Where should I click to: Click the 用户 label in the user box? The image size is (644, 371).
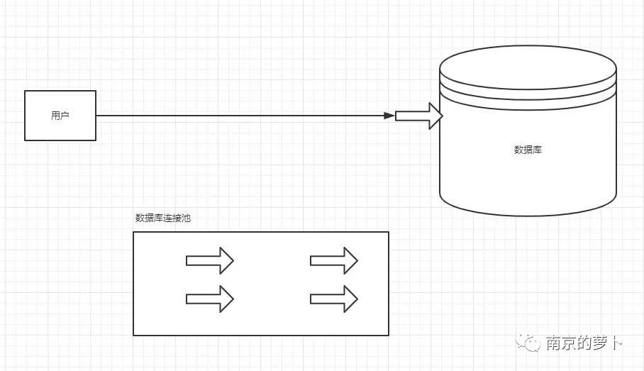point(60,116)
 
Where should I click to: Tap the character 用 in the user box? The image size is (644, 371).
point(55,116)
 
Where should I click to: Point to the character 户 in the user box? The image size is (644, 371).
point(65,116)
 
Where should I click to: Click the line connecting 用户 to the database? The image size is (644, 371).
point(241,116)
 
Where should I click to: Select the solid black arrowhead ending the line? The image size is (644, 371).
point(389,116)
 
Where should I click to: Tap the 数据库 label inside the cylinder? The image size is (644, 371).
point(528,150)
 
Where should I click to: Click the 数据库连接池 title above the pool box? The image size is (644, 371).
point(163,218)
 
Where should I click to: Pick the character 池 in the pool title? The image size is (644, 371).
point(186,218)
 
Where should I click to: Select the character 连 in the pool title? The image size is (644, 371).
point(167,218)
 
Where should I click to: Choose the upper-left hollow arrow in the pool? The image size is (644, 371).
point(210,260)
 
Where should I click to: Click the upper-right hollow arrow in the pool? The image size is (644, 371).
point(334,260)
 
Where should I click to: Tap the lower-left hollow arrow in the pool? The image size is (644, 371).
point(210,299)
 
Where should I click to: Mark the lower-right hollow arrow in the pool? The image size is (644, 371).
point(334,299)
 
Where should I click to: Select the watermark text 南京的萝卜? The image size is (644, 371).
point(584,343)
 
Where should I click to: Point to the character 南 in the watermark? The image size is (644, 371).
point(554,343)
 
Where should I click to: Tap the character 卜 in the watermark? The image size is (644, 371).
point(616,343)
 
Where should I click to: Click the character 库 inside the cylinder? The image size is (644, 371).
point(538,150)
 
